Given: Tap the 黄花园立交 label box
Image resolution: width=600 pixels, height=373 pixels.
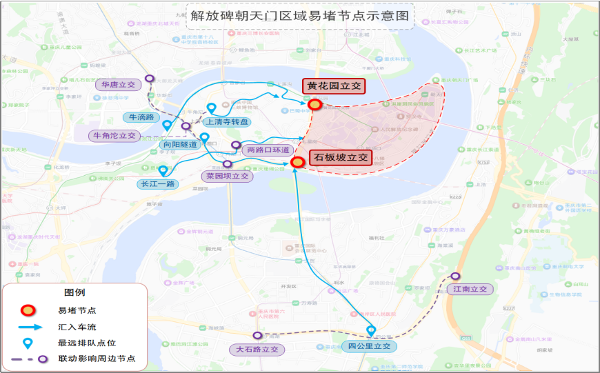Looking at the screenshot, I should pyautogui.click(x=334, y=86).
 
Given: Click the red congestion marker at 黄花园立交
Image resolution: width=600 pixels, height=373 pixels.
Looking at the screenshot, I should pyautogui.click(x=315, y=105).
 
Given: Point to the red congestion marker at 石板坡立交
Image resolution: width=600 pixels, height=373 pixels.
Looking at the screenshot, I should pyautogui.click(x=298, y=163).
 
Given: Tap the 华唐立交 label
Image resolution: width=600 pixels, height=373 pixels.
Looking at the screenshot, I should pyautogui.click(x=118, y=85).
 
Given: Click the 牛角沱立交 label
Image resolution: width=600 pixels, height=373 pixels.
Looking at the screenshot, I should pyautogui.click(x=114, y=136).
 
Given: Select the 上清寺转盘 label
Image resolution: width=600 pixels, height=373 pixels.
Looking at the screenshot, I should pyautogui.click(x=228, y=122).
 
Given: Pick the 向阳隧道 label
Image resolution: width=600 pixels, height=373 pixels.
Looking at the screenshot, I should pyautogui.click(x=179, y=145).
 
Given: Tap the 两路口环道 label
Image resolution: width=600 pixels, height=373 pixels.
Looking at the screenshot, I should pyautogui.click(x=268, y=150).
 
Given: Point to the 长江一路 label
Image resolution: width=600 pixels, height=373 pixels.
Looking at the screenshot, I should pyautogui.click(x=158, y=184).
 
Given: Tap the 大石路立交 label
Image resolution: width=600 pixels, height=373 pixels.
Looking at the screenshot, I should pyautogui.click(x=257, y=350).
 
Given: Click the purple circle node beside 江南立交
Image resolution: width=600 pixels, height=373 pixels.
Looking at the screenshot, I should pyautogui.click(x=454, y=276).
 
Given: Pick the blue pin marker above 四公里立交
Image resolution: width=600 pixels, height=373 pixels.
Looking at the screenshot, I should pyautogui.click(x=371, y=331).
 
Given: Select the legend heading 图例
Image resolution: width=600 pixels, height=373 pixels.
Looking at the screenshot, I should pyautogui.click(x=74, y=292).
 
